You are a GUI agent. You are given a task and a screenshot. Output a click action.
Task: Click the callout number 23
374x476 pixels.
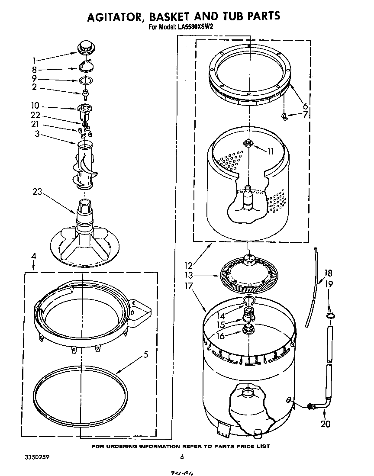37,192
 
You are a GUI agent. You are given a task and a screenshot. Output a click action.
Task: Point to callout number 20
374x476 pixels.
325,424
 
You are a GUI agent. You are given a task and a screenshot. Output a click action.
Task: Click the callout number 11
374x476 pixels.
271,151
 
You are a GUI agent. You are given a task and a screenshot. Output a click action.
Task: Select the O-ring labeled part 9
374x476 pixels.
86,80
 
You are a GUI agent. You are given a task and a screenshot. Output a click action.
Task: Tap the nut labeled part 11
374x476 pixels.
248,143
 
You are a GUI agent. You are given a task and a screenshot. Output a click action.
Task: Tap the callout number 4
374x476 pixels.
33,257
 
